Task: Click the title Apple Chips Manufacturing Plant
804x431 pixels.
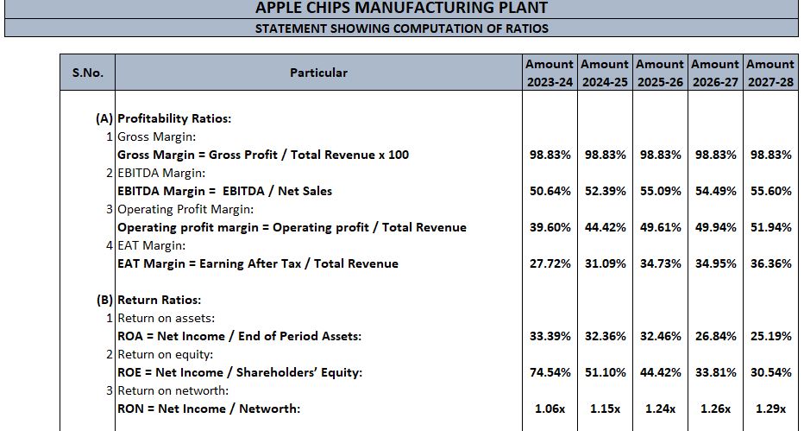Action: (402, 9)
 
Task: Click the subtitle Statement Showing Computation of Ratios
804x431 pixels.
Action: (402, 29)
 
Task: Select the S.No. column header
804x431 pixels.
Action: (87, 73)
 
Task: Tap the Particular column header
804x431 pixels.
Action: (318, 73)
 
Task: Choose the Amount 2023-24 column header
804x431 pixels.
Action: (550, 73)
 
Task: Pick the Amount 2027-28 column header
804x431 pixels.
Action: (770, 73)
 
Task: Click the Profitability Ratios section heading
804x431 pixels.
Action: (174, 119)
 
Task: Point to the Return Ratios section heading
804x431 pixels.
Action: (159, 301)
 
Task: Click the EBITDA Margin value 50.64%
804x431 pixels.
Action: (550, 191)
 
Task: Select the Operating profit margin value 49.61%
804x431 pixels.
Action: (660, 227)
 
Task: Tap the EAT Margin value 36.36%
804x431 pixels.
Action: (770, 263)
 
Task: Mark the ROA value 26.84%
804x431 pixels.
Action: (715, 336)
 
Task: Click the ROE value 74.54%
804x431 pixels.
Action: (550, 372)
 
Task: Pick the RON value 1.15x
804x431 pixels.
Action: (605, 409)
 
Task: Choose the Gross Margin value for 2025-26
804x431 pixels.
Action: (660, 155)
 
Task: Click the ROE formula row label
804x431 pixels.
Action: (240, 372)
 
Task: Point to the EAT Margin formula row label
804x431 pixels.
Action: (258, 263)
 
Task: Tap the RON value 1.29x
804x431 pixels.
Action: (770, 409)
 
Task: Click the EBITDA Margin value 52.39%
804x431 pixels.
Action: (605, 191)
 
